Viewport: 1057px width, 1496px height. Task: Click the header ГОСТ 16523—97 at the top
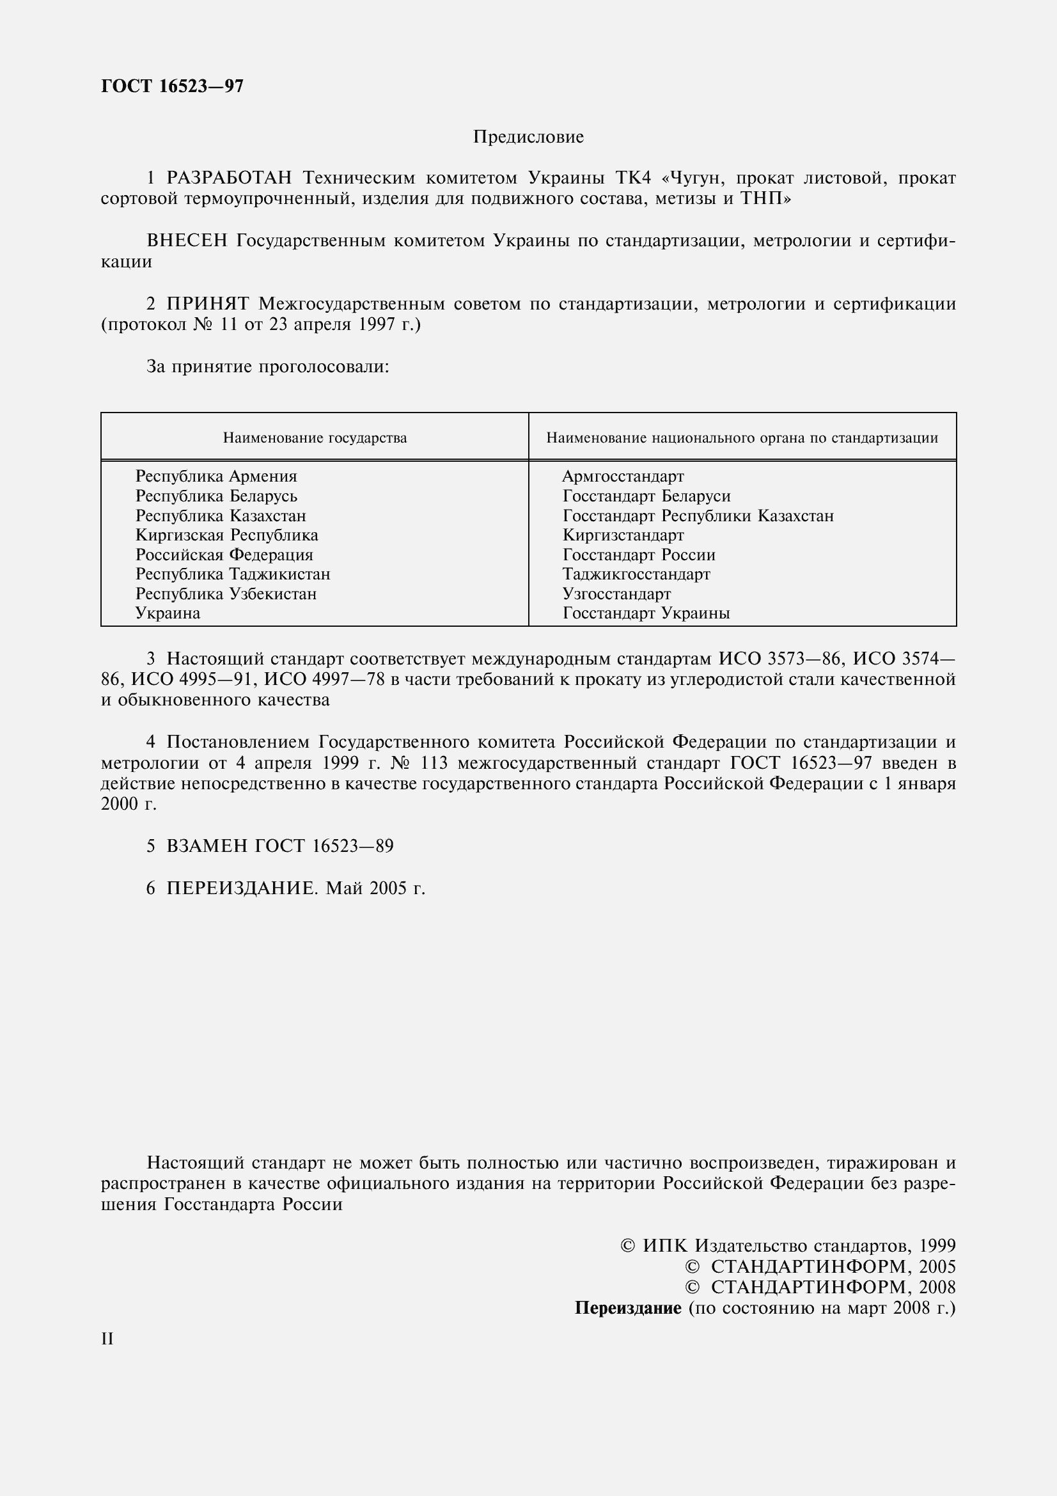[x=173, y=86]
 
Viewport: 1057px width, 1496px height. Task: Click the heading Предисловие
[x=528, y=137]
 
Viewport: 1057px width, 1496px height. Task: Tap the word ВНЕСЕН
[x=187, y=241]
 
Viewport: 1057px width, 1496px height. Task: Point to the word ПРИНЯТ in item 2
[x=208, y=304]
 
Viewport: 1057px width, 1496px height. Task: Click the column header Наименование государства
[x=315, y=438]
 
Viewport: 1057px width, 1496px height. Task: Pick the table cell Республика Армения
[x=216, y=476]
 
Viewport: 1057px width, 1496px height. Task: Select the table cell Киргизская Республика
[x=226, y=535]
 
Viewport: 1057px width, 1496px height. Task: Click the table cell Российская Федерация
[x=224, y=555]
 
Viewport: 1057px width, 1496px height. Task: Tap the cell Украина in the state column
[x=168, y=613]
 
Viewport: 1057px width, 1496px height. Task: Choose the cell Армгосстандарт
[x=623, y=476]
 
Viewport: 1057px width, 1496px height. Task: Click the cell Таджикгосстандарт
[x=636, y=574]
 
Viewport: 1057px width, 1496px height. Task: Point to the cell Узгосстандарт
[x=617, y=594]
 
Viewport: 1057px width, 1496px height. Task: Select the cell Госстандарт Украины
[x=646, y=613]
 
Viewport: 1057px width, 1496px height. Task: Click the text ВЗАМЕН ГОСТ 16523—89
[x=279, y=846]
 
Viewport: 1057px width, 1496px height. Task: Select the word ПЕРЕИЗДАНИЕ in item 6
[x=241, y=888]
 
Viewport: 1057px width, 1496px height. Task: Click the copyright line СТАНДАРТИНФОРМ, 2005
[x=833, y=1266]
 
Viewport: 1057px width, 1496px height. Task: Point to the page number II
[x=107, y=1339]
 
